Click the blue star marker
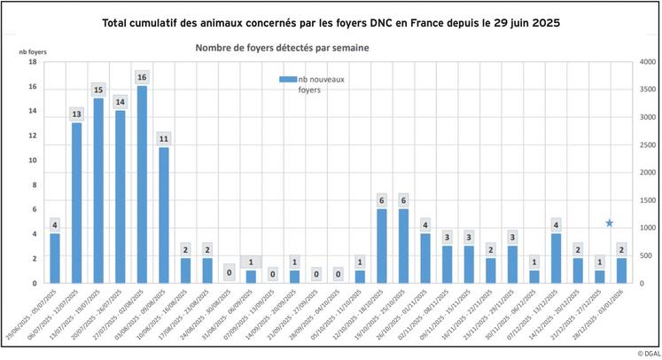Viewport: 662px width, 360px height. [609, 223]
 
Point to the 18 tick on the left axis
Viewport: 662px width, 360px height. [32, 62]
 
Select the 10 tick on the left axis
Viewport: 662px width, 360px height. [32, 160]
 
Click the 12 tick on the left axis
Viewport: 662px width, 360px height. [32, 136]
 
